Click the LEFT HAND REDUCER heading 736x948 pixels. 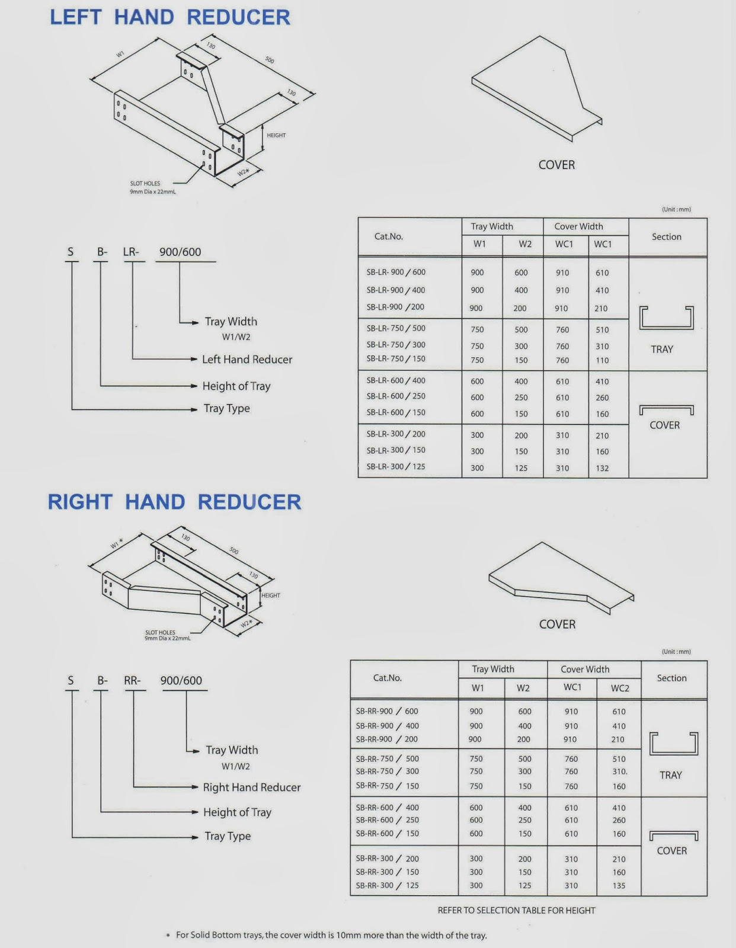click(x=170, y=17)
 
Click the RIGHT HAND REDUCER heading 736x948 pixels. click(x=174, y=502)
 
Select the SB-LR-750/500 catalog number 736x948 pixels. click(x=396, y=328)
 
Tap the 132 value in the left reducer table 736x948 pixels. click(x=602, y=468)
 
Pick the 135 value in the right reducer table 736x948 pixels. click(x=619, y=886)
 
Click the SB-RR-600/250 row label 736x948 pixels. click(x=387, y=820)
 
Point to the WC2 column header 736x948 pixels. click(x=620, y=688)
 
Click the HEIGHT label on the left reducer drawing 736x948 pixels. click(x=276, y=135)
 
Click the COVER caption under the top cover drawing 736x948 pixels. click(x=556, y=165)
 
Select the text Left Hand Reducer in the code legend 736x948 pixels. click(x=247, y=359)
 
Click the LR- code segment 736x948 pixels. click(x=131, y=252)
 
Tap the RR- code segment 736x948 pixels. click(x=132, y=680)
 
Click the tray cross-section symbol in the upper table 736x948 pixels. click(x=666, y=318)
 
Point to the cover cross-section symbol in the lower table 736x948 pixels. click(x=674, y=835)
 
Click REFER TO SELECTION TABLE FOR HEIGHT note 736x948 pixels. click(x=516, y=910)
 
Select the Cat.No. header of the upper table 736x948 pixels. click(x=389, y=236)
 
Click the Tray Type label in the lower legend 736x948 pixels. click(x=228, y=836)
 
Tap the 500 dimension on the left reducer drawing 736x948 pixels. click(x=270, y=60)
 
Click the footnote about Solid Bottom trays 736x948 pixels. click(x=331, y=935)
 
